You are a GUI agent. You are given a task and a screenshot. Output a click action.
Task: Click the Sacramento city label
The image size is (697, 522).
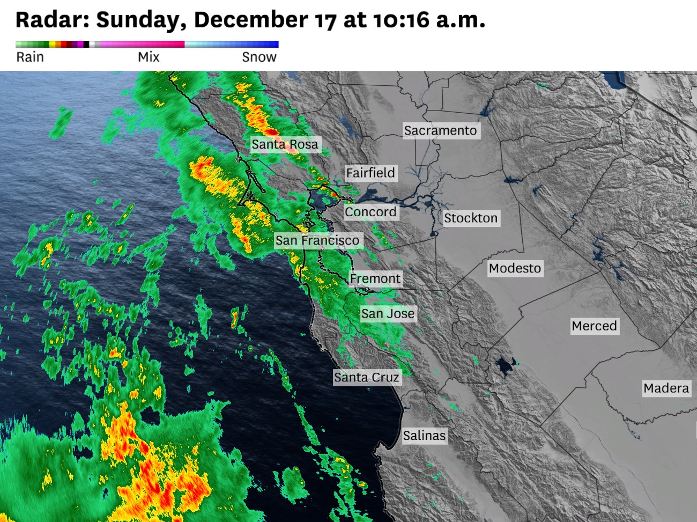[440, 130]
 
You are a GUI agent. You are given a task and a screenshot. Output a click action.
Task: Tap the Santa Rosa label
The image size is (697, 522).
[285, 144]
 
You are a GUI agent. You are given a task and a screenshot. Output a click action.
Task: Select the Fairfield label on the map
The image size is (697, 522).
[370, 173]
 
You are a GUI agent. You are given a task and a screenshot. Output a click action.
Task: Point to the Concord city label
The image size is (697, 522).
[370, 212]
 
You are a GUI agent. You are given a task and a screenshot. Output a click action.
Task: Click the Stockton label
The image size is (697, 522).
[471, 218]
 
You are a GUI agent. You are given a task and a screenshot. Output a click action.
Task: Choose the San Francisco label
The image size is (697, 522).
[317, 240]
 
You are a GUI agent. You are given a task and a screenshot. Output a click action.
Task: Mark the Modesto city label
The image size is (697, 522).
[515, 268]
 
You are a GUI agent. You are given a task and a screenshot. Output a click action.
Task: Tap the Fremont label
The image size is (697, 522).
[375, 278]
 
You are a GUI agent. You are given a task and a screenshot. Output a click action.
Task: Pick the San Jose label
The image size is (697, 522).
[388, 313]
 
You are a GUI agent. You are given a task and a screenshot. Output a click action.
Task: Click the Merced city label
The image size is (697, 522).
[594, 326]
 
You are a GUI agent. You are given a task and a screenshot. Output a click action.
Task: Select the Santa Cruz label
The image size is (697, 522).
[367, 377]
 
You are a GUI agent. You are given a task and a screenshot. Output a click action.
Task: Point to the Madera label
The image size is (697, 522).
[666, 388]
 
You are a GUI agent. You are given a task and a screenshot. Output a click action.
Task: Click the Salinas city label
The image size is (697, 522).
[424, 435]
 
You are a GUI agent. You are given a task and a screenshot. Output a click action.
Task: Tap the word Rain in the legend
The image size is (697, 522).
[30, 57]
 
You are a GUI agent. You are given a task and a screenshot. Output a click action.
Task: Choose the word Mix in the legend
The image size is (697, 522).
[149, 57]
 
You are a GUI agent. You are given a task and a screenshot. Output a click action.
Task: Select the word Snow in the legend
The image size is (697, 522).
[259, 57]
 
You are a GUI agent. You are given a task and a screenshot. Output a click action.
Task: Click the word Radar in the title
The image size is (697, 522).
[51, 20]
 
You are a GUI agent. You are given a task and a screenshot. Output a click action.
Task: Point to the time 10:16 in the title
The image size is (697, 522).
[402, 20]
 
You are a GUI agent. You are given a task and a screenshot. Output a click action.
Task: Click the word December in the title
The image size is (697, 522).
[251, 20]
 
